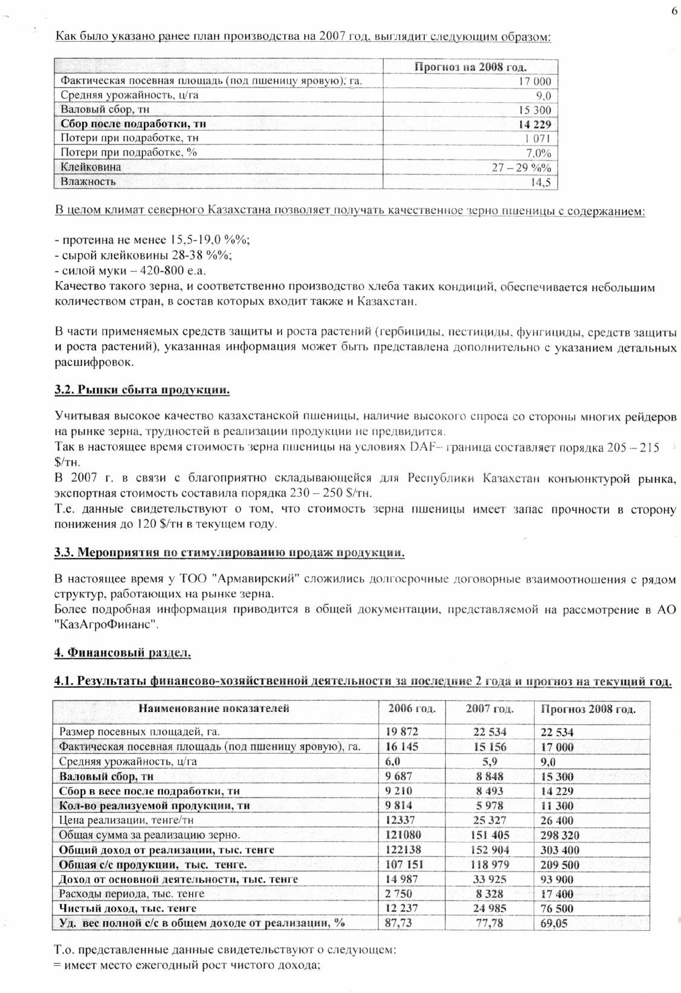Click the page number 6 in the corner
674,11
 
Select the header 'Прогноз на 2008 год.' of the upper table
470,67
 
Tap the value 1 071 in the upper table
538,138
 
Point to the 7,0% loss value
539,153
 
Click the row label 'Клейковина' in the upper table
91,167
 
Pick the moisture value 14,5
541,182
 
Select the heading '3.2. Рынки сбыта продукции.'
142,390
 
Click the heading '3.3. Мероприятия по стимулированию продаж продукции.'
229,552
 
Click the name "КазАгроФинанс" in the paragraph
106,625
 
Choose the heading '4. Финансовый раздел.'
123,653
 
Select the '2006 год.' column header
412,708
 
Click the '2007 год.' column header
489,708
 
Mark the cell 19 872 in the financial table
402,732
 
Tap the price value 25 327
489,820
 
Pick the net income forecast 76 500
557,908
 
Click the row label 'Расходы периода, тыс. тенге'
132,893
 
